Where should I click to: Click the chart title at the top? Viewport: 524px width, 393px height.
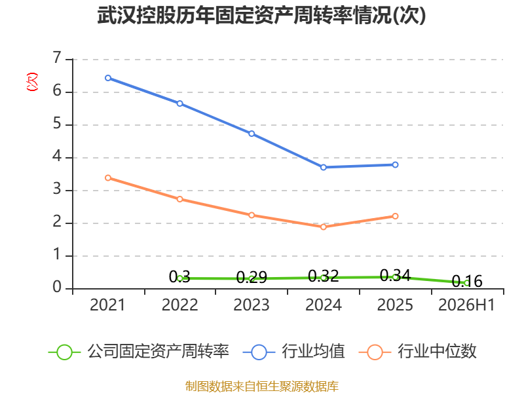click(261, 15)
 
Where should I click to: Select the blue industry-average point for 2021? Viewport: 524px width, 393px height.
click(108, 78)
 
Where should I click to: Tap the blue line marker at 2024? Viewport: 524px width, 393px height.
click(323, 167)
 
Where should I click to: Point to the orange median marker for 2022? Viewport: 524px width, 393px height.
click(179, 199)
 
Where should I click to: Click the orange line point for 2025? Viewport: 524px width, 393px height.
click(395, 216)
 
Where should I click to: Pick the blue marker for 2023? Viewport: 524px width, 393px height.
click(252, 134)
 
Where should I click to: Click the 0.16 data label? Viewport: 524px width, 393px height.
click(467, 282)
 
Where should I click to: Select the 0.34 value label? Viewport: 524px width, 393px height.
click(395, 276)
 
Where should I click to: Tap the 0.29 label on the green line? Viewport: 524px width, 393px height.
click(252, 277)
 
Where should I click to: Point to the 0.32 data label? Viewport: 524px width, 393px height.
click(323, 276)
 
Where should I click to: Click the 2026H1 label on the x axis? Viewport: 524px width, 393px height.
click(466, 305)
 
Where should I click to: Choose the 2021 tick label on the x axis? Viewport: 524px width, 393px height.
click(107, 305)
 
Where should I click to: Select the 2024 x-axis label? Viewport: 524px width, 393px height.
click(323, 305)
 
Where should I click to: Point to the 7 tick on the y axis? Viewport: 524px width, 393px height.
click(57, 58)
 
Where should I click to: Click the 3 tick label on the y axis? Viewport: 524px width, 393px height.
click(57, 189)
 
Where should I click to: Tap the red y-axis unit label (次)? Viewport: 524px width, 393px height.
click(32, 82)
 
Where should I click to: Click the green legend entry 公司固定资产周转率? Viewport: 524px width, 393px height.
click(139, 352)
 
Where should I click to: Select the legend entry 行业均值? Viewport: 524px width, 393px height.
click(293, 352)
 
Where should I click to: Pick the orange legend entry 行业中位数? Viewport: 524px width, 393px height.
click(418, 352)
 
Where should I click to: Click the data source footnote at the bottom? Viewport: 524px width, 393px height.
click(261, 386)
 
